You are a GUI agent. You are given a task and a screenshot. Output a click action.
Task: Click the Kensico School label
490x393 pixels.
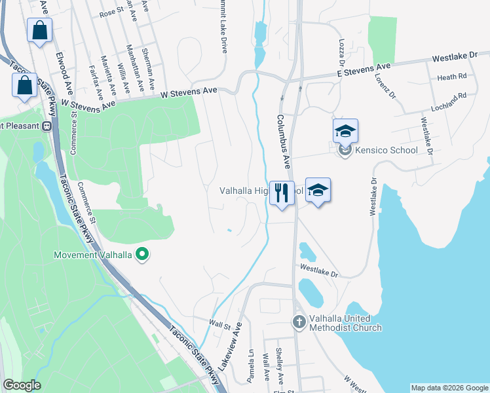point(386,151)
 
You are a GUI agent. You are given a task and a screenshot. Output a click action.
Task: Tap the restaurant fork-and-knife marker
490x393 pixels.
point(282,193)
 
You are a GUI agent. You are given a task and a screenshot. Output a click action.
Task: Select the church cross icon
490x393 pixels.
point(299,322)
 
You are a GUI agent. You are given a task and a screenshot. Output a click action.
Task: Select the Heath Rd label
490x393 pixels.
point(451,77)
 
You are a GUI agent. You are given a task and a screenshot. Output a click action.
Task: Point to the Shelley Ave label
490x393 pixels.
point(280,365)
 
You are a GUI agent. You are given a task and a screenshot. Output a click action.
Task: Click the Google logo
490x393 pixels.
point(21,385)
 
